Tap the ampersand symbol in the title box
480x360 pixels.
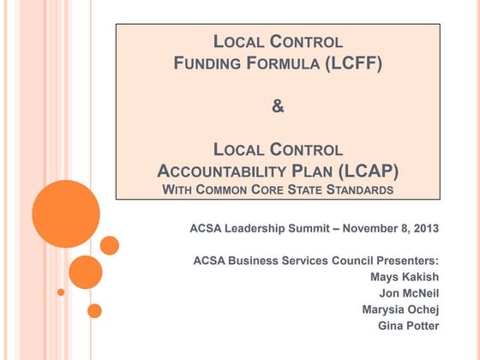point(277,107)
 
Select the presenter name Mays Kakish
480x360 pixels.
point(405,277)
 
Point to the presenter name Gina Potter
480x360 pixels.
point(408,326)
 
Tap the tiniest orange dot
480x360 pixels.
point(61,292)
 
